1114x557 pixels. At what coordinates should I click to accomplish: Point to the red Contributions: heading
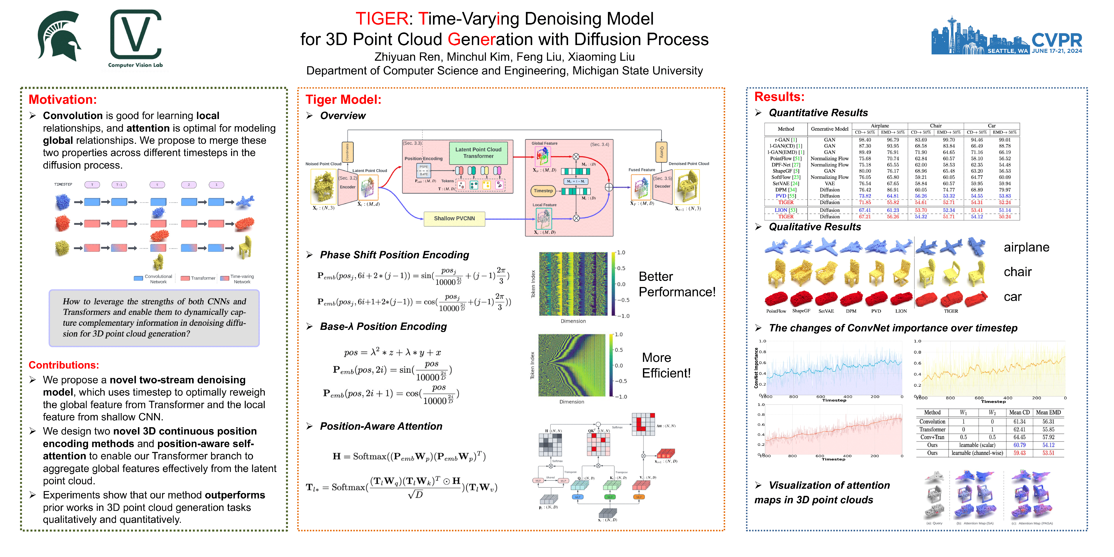click(64, 365)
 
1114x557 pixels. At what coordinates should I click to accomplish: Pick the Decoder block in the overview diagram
click(662, 186)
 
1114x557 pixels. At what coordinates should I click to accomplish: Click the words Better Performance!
click(677, 284)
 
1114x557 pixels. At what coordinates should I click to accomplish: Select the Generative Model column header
click(829, 129)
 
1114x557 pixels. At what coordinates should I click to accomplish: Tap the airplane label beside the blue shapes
click(1026, 247)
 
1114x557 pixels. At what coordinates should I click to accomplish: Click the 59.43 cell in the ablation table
click(1019, 453)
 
